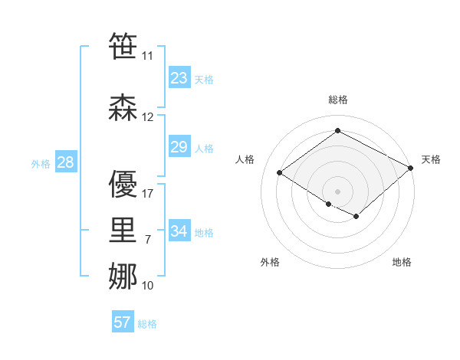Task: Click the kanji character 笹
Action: (123, 47)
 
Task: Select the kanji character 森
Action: (123, 108)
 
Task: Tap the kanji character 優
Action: (123, 184)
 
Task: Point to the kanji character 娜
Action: (123, 277)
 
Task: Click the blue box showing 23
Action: (179, 78)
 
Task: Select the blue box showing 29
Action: (179, 147)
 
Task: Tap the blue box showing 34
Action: (179, 231)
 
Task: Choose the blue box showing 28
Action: (65, 162)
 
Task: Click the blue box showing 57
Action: (123, 322)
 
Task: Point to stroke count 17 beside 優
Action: (148, 194)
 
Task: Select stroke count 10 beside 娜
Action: (148, 286)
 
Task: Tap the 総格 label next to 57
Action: (147, 324)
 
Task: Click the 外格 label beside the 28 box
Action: (41, 163)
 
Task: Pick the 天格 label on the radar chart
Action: (431, 159)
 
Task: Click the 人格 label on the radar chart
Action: (245, 159)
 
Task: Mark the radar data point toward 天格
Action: (412, 169)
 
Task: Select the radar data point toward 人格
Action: (280, 172)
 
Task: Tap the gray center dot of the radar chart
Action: (337, 190)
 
